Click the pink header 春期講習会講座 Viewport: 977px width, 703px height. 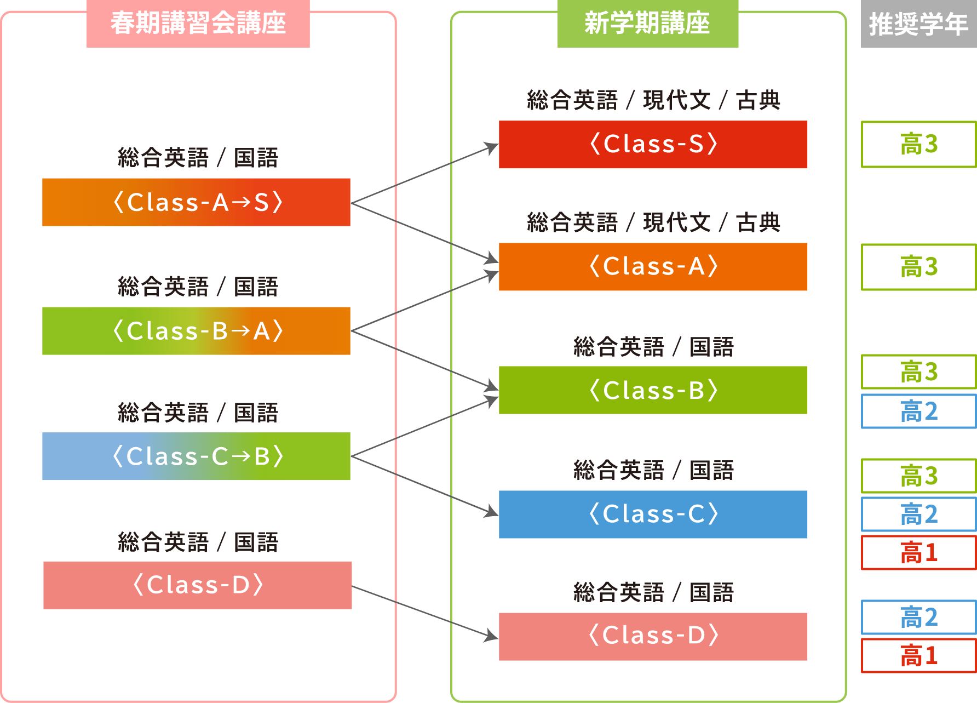198,24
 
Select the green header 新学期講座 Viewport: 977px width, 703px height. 648,24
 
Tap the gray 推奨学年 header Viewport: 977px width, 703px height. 919,24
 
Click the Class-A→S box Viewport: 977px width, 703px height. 196,202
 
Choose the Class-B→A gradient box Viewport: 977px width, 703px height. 196,331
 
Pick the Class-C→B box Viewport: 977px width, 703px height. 196,456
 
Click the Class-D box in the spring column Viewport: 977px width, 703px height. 198,585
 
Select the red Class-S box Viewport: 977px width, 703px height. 653,144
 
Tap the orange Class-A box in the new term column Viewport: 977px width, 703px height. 653,267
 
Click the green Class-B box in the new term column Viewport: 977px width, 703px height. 653,390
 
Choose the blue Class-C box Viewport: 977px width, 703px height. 653,515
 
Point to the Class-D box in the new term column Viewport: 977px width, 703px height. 653,637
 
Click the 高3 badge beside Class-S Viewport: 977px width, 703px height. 919,144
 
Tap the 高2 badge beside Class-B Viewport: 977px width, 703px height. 919,411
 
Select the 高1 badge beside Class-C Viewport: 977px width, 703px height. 919,552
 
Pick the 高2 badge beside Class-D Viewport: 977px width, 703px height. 919,617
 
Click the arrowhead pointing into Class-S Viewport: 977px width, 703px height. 491,147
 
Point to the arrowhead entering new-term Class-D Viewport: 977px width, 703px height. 491,636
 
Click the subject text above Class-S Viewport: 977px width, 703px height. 653,100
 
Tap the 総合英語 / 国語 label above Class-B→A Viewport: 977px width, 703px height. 198,287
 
